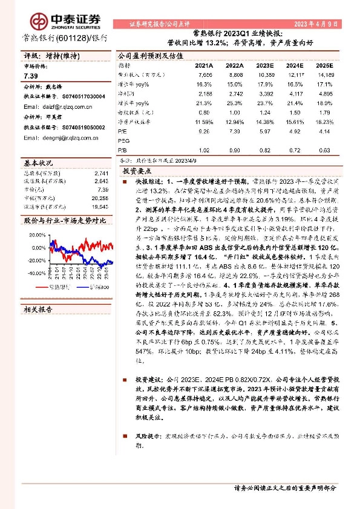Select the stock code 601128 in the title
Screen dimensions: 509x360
coord(71,37)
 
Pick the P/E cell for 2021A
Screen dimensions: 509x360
coord(203,130)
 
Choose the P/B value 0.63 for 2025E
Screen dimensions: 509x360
coord(324,149)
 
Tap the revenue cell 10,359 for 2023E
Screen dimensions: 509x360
coord(265,74)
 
